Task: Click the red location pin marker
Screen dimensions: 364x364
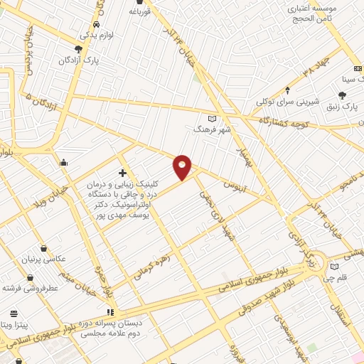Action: (183, 166)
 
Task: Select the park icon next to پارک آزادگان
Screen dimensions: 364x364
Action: (78, 49)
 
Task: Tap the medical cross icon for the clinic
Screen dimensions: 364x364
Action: (122, 173)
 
